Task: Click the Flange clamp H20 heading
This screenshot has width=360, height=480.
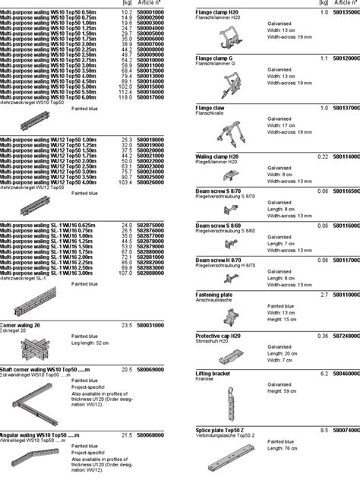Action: pyautogui.click(x=216, y=13)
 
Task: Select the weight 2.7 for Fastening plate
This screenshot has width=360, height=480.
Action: pyautogui.click(x=324, y=294)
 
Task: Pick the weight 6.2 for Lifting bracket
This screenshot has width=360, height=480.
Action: pyautogui.click(x=324, y=374)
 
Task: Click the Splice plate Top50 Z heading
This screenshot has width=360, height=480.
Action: pyautogui.click(x=224, y=429)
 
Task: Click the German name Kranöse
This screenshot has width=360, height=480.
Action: pyautogui.click(x=207, y=380)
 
